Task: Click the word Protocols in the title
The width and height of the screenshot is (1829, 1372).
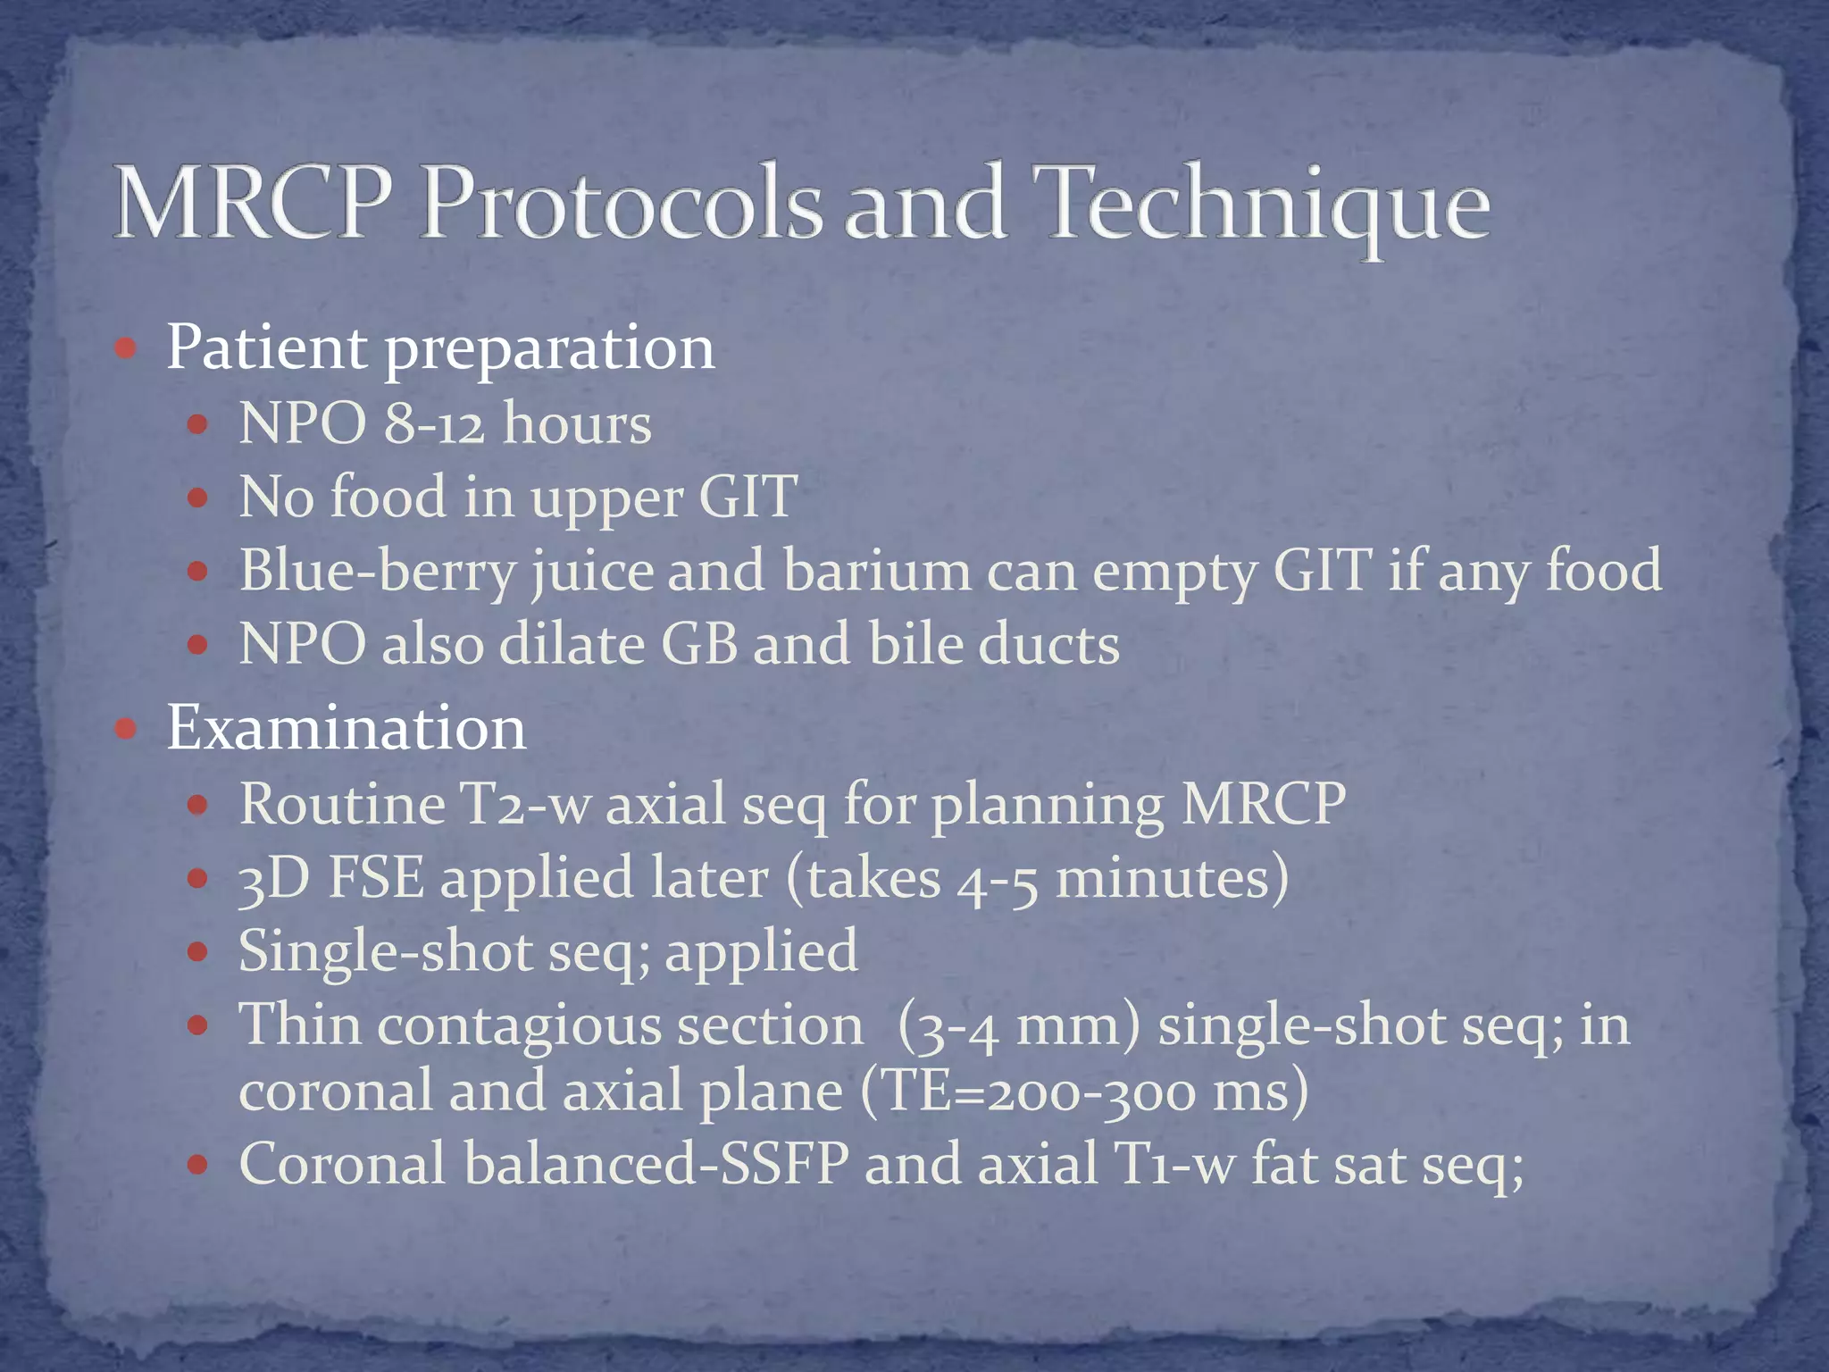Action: [x=621, y=204]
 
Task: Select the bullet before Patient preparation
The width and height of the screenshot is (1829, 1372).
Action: [x=126, y=347]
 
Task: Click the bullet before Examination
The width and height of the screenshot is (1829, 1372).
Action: [x=126, y=729]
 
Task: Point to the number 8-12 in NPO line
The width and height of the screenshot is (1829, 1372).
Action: [x=434, y=423]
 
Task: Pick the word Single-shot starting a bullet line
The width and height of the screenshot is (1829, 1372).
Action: [x=386, y=951]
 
